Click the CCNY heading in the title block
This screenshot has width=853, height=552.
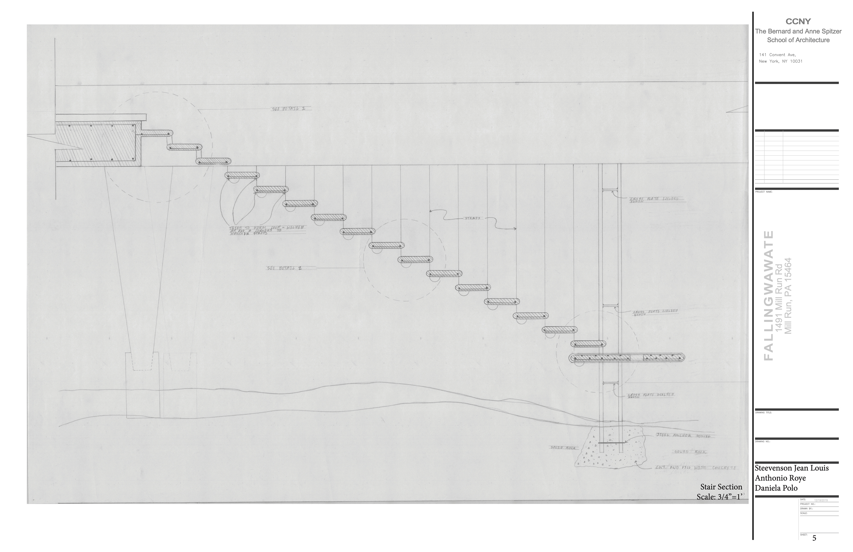pos(798,22)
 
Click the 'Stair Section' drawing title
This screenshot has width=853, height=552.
pos(721,487)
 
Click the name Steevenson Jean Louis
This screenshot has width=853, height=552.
pos(792,468)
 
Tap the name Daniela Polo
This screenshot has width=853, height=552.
pos(776,488)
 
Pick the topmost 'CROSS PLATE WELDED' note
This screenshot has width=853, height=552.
pos(652,199)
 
